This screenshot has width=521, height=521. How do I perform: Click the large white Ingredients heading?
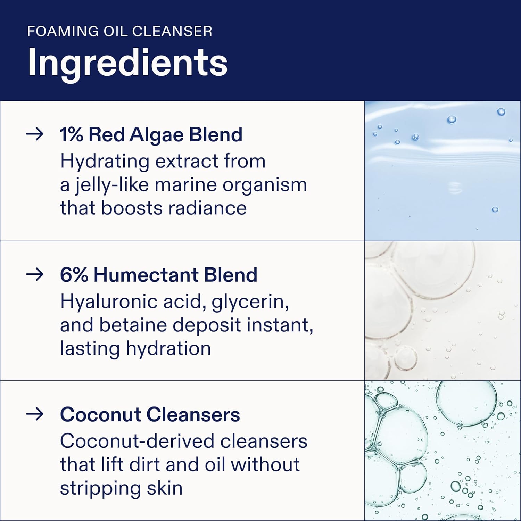tap(127, 63)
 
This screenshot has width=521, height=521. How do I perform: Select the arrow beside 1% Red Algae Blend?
tap(35, 134)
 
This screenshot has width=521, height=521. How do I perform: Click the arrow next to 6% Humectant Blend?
tap(35, 274)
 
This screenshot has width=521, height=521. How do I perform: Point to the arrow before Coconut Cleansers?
tap(35, 414)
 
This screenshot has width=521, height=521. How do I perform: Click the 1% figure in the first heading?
tap(71, 134)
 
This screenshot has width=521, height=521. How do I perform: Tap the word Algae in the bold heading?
tap(156, 135)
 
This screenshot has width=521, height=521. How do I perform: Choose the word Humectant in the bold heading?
tap(146, 275)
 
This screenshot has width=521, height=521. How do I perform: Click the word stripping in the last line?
tap(100, 488)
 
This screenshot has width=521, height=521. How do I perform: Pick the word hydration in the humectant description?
tap(168, 348)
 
